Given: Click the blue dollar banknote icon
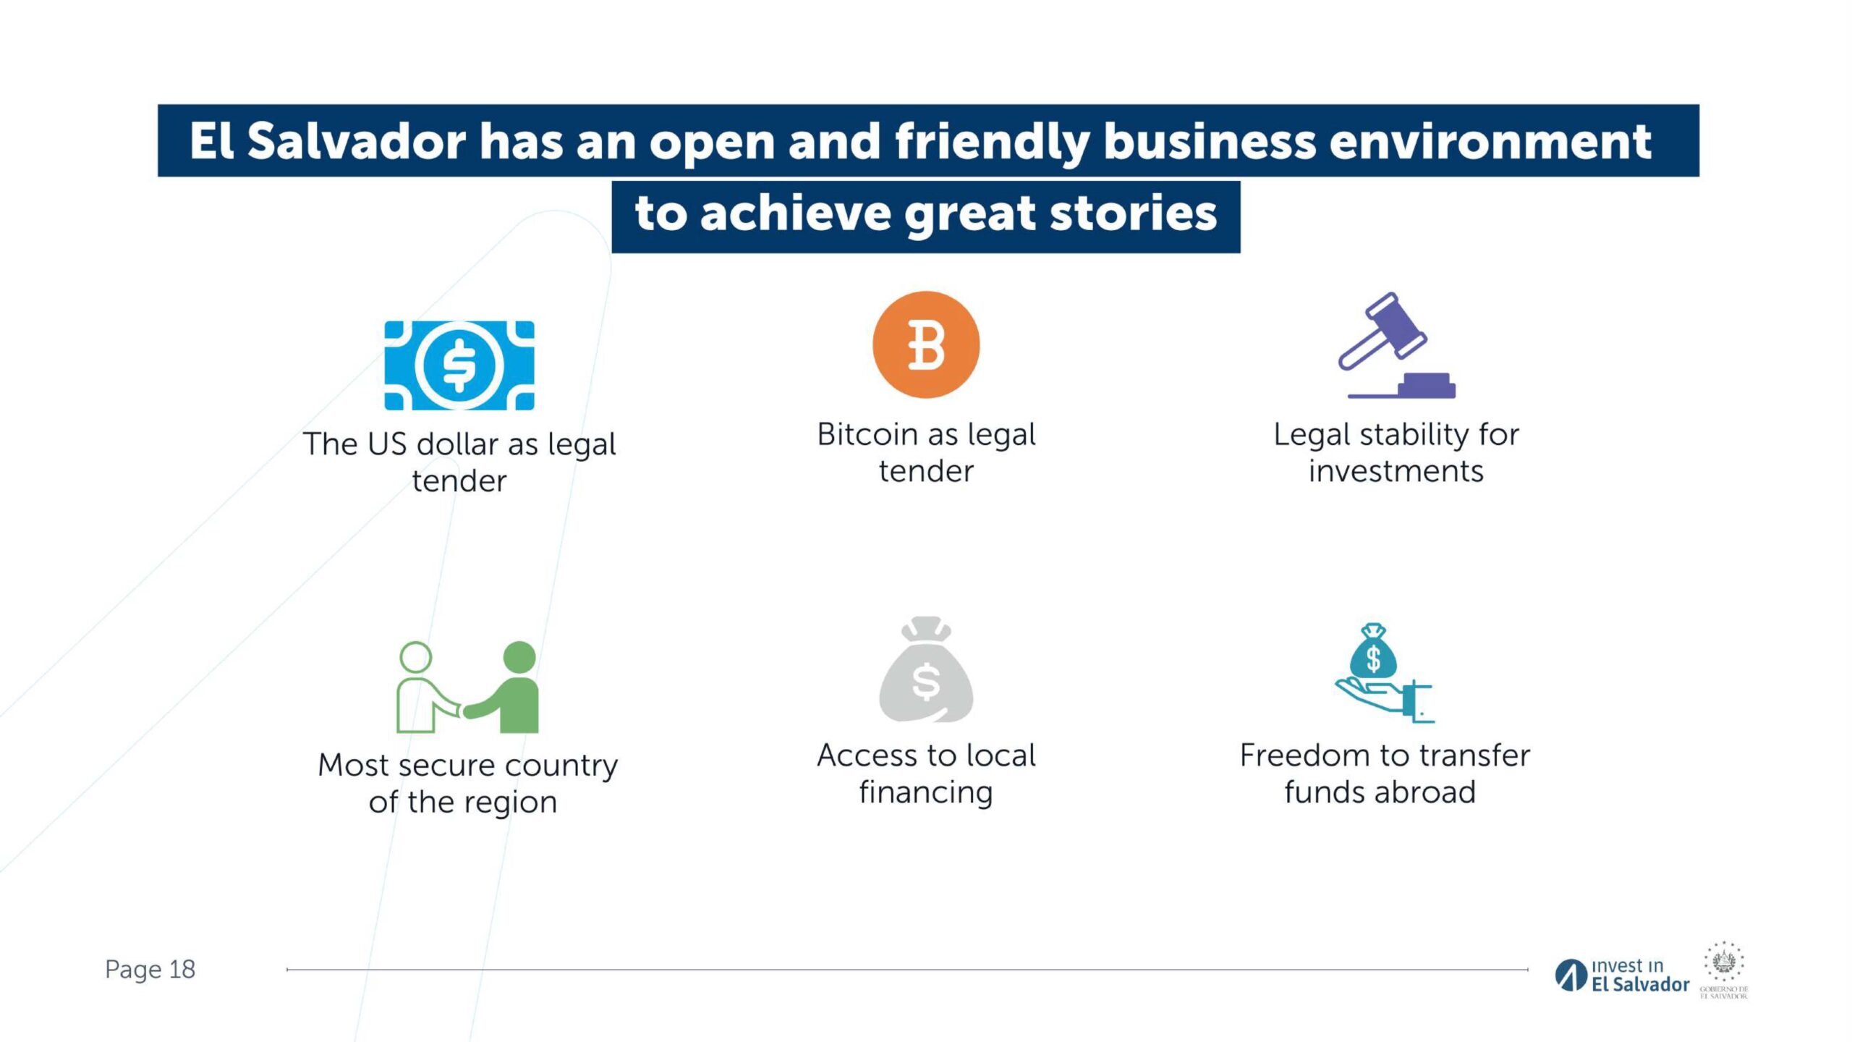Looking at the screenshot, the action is coord(459,365).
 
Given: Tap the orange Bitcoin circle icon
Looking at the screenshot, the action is coord(926,344).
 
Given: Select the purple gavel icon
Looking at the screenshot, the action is coord(1396,345).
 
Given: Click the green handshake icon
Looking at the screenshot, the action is coord(468,687).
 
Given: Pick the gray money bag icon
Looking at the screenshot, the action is coord(926,669).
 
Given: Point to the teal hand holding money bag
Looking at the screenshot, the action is coord(1384,672).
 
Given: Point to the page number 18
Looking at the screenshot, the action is coord(182,969).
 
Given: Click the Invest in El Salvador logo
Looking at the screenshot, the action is coord(1622,975).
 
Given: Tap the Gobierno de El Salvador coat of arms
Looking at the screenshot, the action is coord(1724,970).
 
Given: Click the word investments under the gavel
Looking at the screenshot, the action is coord(1396,471).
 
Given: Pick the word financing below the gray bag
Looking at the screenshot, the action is coord(926,793).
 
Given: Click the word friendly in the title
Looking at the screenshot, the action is coord(993,141).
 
